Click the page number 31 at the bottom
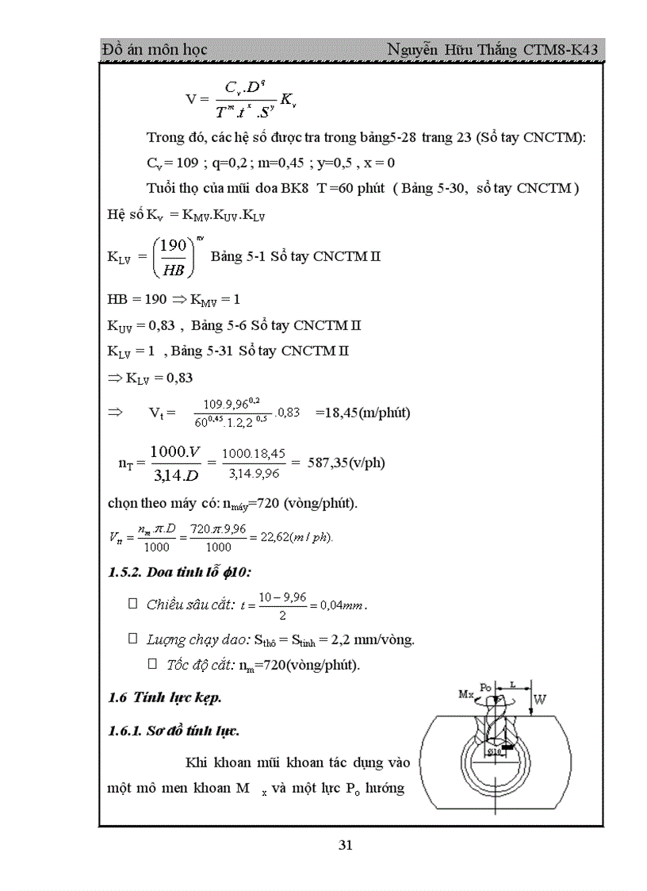[x=345, y=845]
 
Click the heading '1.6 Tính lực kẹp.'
[x=164, y=698]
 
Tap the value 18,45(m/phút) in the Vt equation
[x=362, y=413]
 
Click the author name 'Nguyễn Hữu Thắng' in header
[x=452, y=50]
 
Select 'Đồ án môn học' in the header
[x=155, y=50]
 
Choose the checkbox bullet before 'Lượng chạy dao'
[x=133, y=638]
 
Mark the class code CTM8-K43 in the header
[x=561, y=50]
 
